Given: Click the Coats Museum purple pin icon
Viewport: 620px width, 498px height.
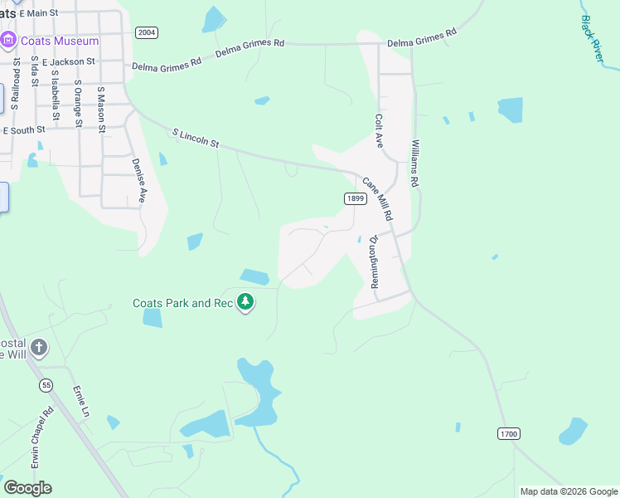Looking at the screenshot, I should [9, 40].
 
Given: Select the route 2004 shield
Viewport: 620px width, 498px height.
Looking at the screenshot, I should [146, 32].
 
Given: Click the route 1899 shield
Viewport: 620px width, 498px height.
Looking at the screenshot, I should [355, 198].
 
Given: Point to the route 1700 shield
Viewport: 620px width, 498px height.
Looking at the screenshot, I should [509, 434].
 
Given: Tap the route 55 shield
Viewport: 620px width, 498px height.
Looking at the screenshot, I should [46, 385].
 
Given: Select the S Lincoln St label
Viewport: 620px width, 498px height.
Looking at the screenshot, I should [196, 138].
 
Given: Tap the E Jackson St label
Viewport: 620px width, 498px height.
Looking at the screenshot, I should [69, 61].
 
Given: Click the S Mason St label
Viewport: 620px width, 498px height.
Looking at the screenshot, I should [101, 110].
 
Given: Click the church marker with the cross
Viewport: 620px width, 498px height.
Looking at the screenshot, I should [39, 347].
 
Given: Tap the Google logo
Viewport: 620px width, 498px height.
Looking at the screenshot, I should [27, 488].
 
